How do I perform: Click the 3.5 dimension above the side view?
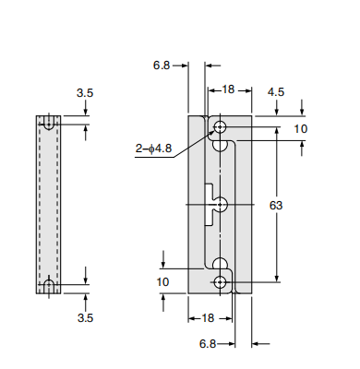point(85,93)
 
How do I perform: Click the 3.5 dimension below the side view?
point(85,316)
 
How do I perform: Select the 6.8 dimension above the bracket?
point(162,65)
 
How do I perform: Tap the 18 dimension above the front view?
point(228,90)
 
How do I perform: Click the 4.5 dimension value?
point(275,92)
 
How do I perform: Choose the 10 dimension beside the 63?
point(300,129)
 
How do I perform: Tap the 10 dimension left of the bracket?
point(163,281)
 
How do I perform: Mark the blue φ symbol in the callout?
point(150,148)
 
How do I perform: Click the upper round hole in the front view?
point(221,127)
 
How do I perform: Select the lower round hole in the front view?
point(221,282)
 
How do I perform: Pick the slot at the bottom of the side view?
point(48,287)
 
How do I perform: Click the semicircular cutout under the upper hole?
point(221,144)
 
